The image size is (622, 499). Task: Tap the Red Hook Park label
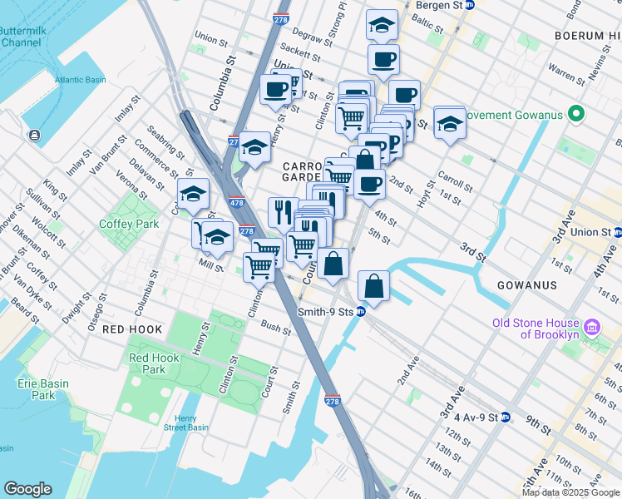148,363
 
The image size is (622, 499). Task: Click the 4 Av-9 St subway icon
505,417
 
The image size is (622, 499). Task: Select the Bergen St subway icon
470,5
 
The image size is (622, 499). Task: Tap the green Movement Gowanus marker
574,114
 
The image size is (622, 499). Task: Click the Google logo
28,489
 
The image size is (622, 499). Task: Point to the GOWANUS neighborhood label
526,285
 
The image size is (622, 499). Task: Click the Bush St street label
275,329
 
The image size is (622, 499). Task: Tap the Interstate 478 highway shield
236,202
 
